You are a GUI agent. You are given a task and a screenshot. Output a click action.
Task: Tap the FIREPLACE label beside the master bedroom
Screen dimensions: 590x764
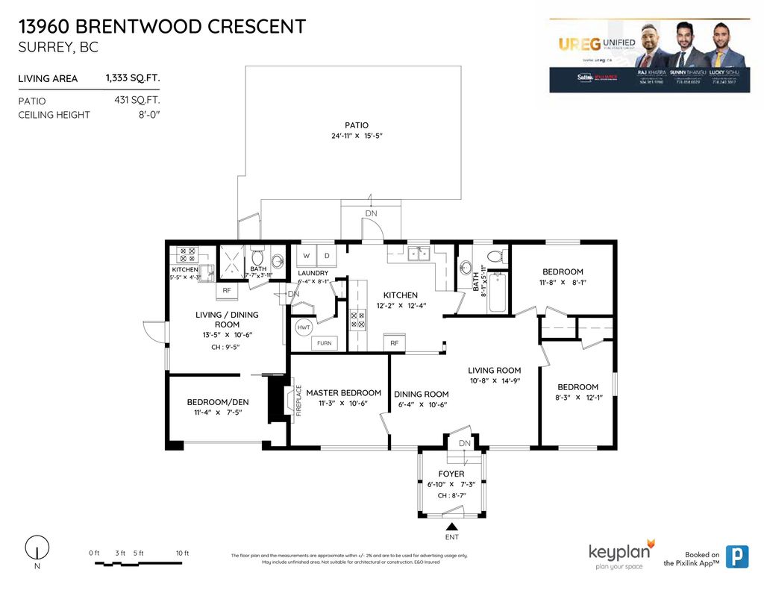point(298,400)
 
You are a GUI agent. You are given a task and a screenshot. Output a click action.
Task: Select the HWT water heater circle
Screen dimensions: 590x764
point(304,327)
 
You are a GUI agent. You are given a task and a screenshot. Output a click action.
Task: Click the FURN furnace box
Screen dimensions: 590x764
point(325,343)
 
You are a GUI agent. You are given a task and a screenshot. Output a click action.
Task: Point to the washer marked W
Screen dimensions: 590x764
point(307,256)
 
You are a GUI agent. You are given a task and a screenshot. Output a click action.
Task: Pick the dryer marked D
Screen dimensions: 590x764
point(326,256)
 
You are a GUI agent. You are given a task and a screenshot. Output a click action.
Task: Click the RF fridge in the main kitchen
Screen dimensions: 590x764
point(395,343)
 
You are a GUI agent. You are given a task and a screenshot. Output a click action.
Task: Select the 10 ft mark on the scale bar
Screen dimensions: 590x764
point(182,553)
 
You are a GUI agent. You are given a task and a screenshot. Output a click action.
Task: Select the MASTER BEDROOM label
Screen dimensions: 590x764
point(343,393)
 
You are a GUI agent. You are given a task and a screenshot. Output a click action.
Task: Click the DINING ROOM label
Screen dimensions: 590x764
point(422,395)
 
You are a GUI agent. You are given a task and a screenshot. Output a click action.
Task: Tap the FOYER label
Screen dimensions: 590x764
point(451,474)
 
